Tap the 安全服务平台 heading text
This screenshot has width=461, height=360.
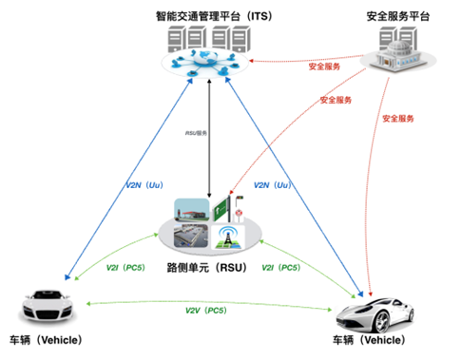(x=398, y=16)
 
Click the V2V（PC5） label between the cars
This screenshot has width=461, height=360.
(x=207, y=310)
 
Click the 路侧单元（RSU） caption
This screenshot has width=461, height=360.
(x=207, y=268)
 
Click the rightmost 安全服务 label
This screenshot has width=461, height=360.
(x=400, y=119)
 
